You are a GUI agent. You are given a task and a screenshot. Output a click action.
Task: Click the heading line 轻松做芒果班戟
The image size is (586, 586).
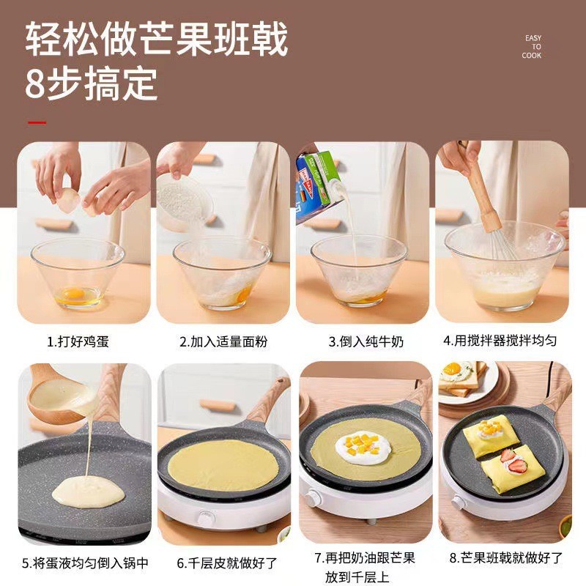pos(157,39)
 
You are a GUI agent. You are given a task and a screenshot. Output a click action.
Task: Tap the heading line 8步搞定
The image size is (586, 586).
pos(91,84)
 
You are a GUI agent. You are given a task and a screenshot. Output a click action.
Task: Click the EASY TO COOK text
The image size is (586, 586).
pos(532,47)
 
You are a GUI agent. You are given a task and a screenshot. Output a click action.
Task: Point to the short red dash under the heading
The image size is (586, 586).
pos(37,122)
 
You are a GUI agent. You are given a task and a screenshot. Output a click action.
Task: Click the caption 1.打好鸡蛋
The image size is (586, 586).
pos(78,341)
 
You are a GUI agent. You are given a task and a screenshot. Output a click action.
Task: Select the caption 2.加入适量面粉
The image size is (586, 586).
pos(223,341)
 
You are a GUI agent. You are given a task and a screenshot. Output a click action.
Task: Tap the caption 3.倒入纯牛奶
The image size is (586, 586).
pos(366,341)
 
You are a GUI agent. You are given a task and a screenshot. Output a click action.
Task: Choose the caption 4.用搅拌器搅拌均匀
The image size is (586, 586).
pos(500,341)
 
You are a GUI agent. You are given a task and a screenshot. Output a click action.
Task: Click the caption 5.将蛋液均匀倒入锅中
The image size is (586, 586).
pos(85,563)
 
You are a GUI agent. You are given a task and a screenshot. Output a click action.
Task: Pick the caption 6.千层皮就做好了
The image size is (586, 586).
pos(227,563)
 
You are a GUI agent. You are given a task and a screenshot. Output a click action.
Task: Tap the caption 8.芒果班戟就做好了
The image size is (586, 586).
pos(506,557)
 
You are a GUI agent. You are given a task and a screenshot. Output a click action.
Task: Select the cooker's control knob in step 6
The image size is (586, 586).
pos(206,519)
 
